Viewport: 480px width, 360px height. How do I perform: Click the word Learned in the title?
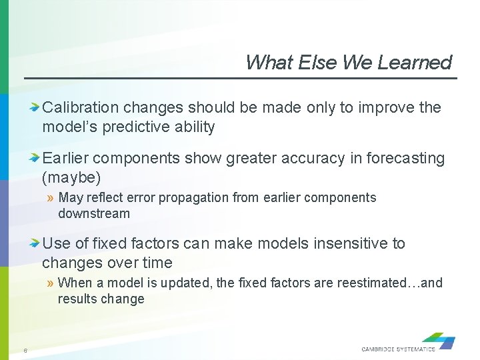(x=414, y=63)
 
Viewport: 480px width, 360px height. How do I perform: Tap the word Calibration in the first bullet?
(x=81, y=107)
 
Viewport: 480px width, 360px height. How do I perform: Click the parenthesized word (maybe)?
(x=71, y=177)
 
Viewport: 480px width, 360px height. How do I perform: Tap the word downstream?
(x=94, y=213)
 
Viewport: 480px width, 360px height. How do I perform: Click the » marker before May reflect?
(x=51, y=198)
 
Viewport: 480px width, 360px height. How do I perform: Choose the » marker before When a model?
(x=51, y=283)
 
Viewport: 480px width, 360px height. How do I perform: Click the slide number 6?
(x=25, y=351)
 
